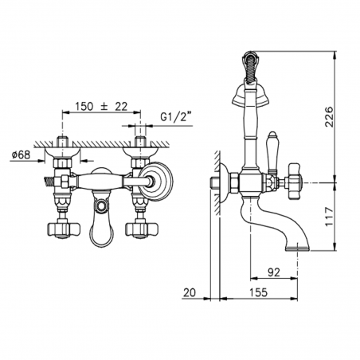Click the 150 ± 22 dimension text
(101, 107)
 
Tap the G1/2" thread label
(176, 117)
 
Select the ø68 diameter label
(22, 155)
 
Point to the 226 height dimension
(329, 117)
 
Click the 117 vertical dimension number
(329, 217)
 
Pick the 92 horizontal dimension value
(274, 272)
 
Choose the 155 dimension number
(258, 292)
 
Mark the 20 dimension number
(190, 292)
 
